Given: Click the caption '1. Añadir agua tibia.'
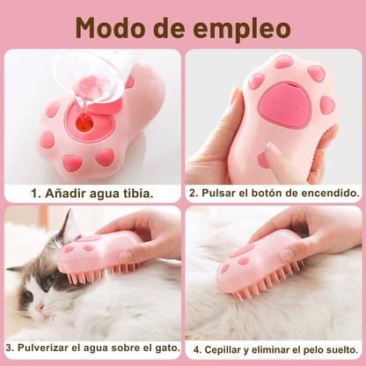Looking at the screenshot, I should click(91, 191).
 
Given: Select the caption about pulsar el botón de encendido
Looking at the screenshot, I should click(274, 191).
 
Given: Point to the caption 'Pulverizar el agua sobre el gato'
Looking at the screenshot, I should click(91, 347).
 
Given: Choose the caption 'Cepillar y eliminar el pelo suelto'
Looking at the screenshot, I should click(274, 347).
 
